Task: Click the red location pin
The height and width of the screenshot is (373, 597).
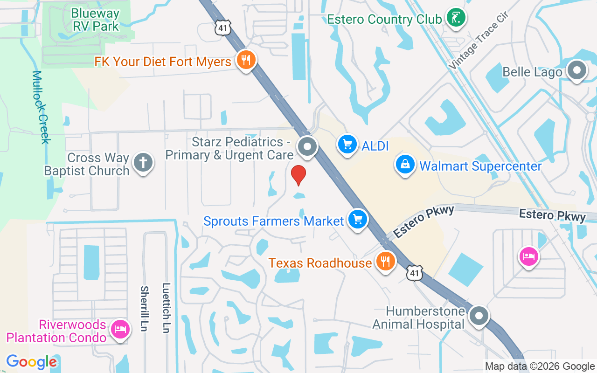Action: [298, 175]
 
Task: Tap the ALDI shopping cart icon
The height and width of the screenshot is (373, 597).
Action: [347, 144]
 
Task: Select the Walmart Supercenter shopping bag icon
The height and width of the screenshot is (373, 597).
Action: [405, 164]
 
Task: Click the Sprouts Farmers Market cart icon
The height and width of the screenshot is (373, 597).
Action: [358, 219]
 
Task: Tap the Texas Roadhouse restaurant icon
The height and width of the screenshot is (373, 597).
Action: [385, 261]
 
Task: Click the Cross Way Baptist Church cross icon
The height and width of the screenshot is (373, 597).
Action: [143, 163]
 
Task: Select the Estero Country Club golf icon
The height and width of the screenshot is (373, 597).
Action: [456, 18]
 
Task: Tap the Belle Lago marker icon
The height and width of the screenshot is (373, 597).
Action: [576, 71]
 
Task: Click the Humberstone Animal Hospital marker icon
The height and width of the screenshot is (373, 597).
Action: [479, 316]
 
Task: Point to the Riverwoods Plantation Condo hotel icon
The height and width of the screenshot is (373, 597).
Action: [120, 329]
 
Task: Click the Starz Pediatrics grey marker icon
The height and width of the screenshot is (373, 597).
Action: [307, 146]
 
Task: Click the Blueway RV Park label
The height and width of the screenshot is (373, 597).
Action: [96, 20]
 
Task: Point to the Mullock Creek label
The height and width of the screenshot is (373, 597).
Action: [42, 107]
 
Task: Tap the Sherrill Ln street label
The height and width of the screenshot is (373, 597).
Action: [144, 308]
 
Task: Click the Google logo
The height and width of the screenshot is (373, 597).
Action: [31, 361]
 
